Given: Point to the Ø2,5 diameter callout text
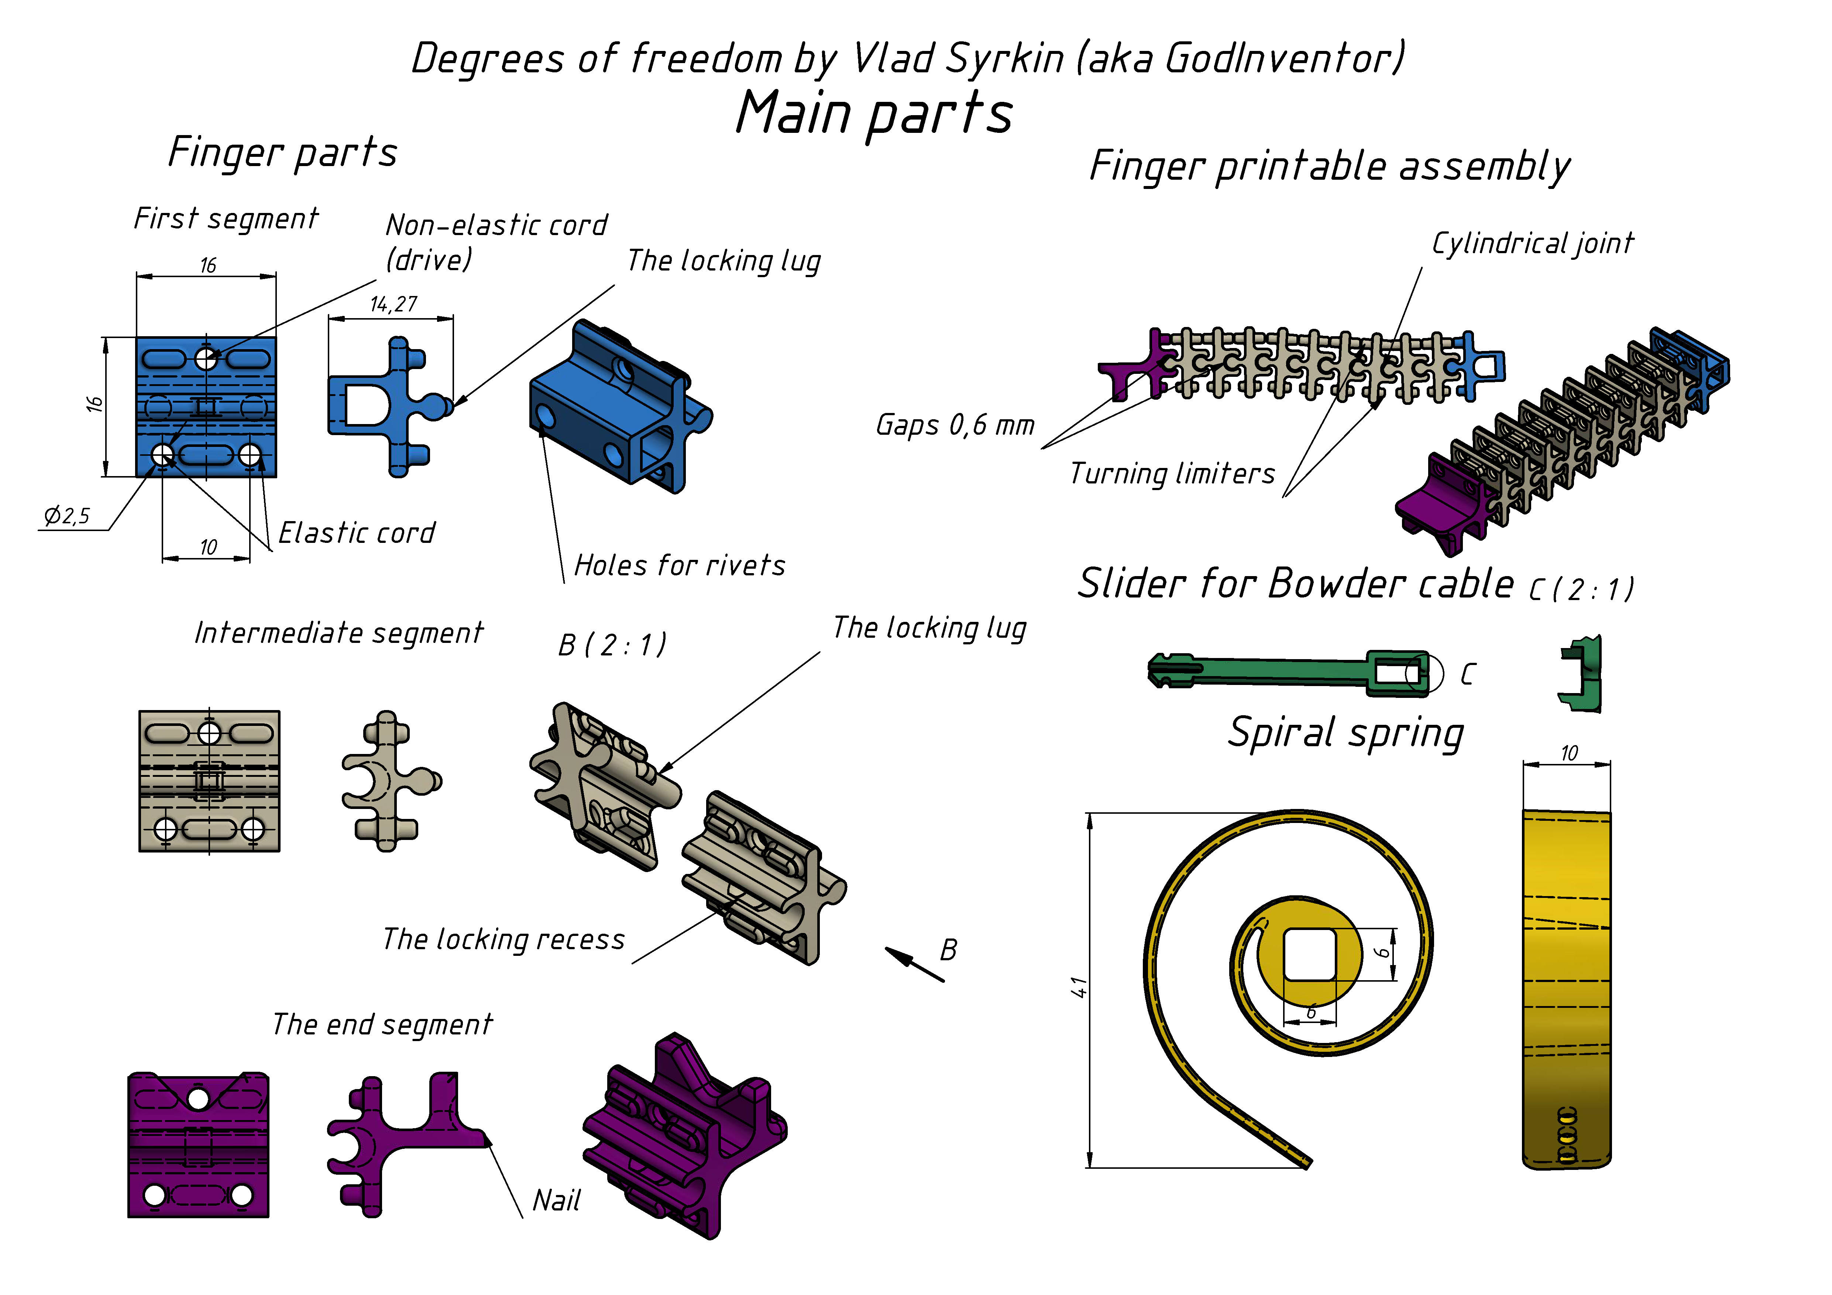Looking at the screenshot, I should (67, 516).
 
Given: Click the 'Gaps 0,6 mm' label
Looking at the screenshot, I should (955, 424).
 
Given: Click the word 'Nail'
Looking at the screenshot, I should (556, 1200).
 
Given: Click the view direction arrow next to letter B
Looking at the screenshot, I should (914, 964).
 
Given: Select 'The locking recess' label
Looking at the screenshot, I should (503, 939).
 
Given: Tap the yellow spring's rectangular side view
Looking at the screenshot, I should (1566, 989).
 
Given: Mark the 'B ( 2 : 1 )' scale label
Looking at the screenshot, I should (612, 645).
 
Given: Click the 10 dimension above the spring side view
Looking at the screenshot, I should (1569, 753).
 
